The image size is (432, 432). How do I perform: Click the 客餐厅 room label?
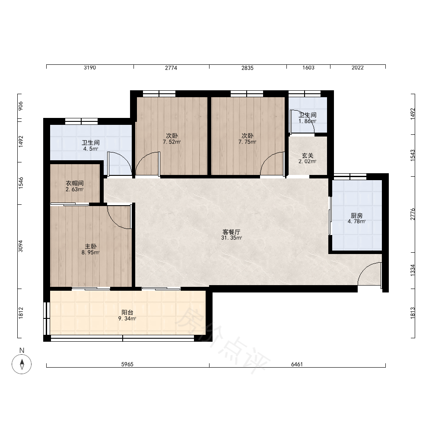point(232,232)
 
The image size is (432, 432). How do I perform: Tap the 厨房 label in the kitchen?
point(356,216)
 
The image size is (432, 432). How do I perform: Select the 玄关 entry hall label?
point(308,156)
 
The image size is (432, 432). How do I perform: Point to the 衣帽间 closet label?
point(75,183)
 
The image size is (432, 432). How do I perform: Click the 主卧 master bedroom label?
point(90,246)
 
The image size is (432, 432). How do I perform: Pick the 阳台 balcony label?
point(127,312)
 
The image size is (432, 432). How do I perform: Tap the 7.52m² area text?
point(172,142)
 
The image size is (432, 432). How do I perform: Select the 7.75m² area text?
point(248,142)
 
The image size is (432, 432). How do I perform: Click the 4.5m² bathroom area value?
point(91,149)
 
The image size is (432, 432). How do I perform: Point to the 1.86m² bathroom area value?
point(308,121)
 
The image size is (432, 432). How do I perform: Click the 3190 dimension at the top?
point(90,68)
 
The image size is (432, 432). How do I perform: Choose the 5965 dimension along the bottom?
point(127,364)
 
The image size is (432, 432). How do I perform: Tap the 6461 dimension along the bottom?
point(297,364)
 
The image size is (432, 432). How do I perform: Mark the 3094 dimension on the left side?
point(21,246)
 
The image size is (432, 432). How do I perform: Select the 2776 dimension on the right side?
point(413,214)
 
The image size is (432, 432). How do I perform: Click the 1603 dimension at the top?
point(308,68)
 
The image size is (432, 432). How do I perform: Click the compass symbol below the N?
point(22,364)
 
